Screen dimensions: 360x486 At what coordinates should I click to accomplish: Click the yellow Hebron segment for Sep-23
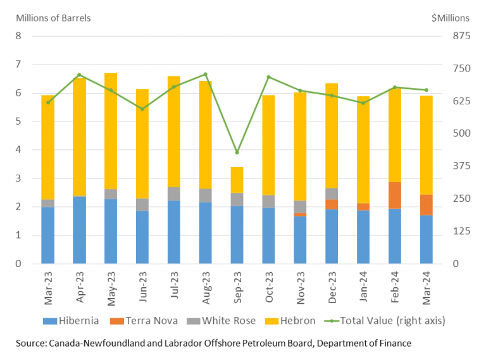click(237, 180)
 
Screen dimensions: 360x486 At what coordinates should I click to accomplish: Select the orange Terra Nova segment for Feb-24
click(394, 195)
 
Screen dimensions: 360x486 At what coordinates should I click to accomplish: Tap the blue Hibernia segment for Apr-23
click(79, 230)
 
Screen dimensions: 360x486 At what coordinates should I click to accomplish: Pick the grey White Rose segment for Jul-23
click(173, 194)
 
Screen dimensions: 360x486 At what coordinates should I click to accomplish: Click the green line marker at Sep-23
click(237, 152)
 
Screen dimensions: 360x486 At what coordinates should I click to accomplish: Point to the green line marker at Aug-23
click(205, 74)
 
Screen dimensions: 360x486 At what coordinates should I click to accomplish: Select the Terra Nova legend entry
click(151, 321)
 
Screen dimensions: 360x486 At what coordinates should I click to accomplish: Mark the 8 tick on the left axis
click(18, 36)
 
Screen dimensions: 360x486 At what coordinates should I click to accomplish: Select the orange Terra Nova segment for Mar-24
click(426, 204)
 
